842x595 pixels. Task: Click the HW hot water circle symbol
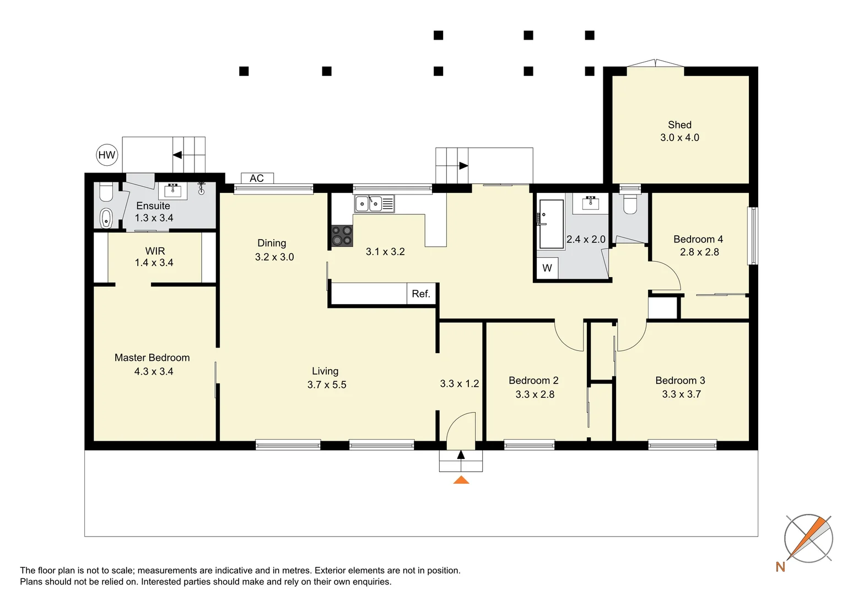coord(107,155)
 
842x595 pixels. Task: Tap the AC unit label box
coord(257,178)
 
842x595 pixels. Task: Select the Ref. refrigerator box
coord(422,294)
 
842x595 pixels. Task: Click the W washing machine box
coord(547,268)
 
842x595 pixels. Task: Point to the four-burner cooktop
coord(342,236)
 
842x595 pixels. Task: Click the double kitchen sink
coord(374,204)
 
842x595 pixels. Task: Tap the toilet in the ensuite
coord(106,192)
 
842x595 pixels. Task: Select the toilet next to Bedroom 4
coord(630,204)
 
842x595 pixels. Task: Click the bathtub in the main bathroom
coord(552,224)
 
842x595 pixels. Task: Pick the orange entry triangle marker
coord(461,480)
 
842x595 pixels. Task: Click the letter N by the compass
coord(780,567)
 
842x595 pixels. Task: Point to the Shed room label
coord(679,125)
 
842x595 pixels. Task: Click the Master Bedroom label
coord(152,358)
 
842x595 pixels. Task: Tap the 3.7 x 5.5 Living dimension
coord(327,385)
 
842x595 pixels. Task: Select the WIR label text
coord(155,251)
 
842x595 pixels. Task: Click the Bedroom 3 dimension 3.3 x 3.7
coord(682,394)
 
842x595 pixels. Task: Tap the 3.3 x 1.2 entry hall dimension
coord(460,383)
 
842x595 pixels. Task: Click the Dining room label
coord(272,243)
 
